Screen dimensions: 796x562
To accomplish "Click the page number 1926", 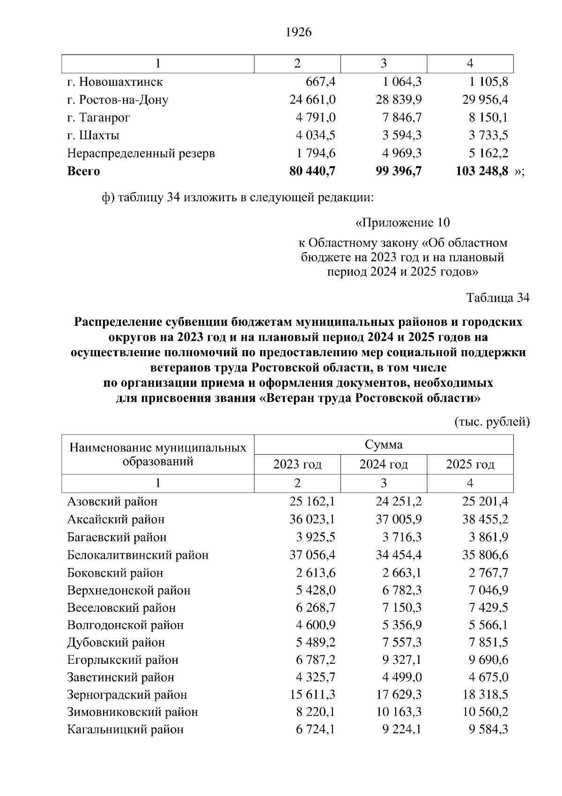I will (x=298, y=32).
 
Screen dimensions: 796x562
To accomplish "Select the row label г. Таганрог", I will (x=98, y=118).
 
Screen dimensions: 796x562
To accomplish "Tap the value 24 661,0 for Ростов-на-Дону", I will (x=312, y=100).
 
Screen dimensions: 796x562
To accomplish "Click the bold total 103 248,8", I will (x=482, y=171).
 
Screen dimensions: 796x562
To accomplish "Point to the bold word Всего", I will (x=83, y=171).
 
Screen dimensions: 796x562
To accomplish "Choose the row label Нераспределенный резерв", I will (x=141, y=153).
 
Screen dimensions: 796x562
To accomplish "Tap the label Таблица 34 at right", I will (x=498, y=298).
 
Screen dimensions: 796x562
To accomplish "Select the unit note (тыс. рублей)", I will (x=492, y=422).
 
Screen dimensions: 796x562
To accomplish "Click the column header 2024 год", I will (x=384, y=465).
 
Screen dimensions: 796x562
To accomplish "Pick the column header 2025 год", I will (x=470, y=465).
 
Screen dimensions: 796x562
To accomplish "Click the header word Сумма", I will (x=384, y=444).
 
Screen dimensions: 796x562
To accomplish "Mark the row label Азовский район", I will (x=112, y=502).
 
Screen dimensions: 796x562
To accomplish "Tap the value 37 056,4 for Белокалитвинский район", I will (x=312, y=555).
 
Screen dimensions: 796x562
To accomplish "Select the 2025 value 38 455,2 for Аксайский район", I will (x=485, y=519).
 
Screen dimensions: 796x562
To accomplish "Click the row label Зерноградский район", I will (x=127, y=695).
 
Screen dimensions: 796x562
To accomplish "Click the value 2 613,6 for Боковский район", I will (x=316, y=573).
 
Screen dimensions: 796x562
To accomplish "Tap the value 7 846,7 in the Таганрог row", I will (x=402, y=118).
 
